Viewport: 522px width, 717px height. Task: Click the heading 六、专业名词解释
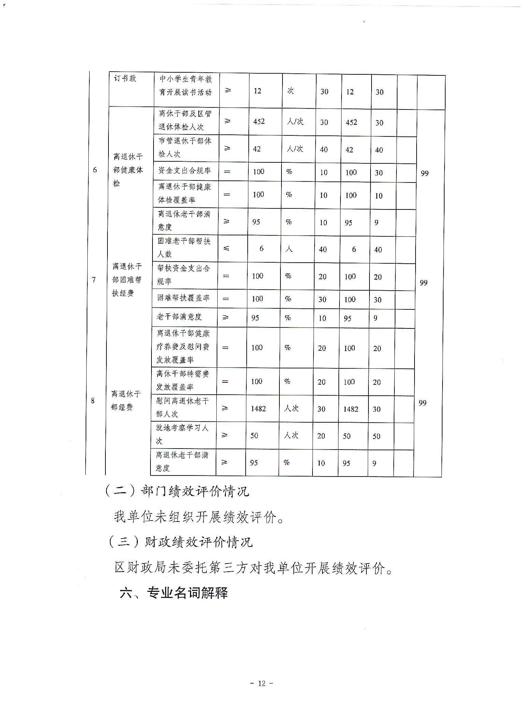(x=174, y=593)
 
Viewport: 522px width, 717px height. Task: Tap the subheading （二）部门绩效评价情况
(x=177, y=491)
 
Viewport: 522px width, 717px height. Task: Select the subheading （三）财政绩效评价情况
(x=180, y=542)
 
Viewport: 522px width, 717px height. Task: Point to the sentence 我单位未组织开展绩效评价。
(x=199, y=517)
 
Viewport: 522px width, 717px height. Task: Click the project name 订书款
(x=125, y=78)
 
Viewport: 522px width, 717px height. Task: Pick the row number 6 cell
(x=95, y=170)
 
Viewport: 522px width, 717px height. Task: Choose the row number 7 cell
(x=94, y=280)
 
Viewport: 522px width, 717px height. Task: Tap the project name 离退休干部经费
(x=126, y=400)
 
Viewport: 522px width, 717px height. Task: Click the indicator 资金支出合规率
(x=185, y=171)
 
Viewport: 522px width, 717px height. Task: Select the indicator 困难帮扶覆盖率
(x=184, y=298)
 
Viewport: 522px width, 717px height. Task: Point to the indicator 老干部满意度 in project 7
(x=179, y=317)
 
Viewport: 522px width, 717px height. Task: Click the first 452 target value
(x=259, y=121)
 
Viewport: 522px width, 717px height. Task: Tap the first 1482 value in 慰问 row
(x=258, y=408)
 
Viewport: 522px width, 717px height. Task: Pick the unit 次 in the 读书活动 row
(x=291, y=91)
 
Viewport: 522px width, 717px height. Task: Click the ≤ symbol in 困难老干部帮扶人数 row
(x=226, y=248)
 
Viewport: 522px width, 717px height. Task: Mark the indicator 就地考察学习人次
(x=182, y=434)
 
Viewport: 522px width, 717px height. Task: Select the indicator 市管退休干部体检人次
(x=185, y=147)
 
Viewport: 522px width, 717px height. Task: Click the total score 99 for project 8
(x=422, y=403)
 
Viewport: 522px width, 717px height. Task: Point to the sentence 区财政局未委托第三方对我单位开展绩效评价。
(x=253, y=568)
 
